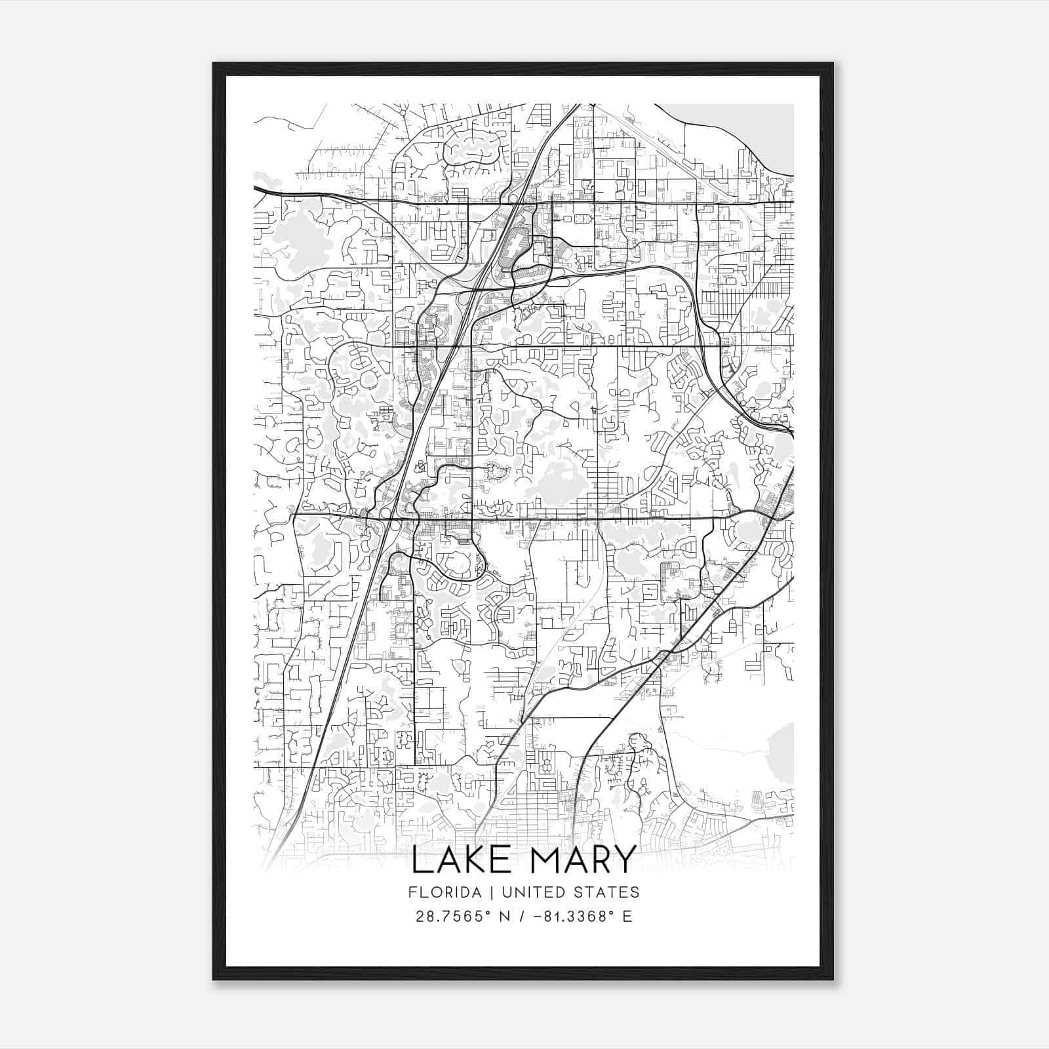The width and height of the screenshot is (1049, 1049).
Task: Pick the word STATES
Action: (x=606, y=892)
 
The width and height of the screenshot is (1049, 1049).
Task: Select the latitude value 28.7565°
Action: (x=453, y=917)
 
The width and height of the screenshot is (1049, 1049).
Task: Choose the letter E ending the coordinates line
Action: (x=627, y=917)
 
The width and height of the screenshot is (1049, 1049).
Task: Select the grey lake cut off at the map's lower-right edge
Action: (x=782, y=754)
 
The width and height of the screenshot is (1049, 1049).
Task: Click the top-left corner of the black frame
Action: (x=214, y=64)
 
